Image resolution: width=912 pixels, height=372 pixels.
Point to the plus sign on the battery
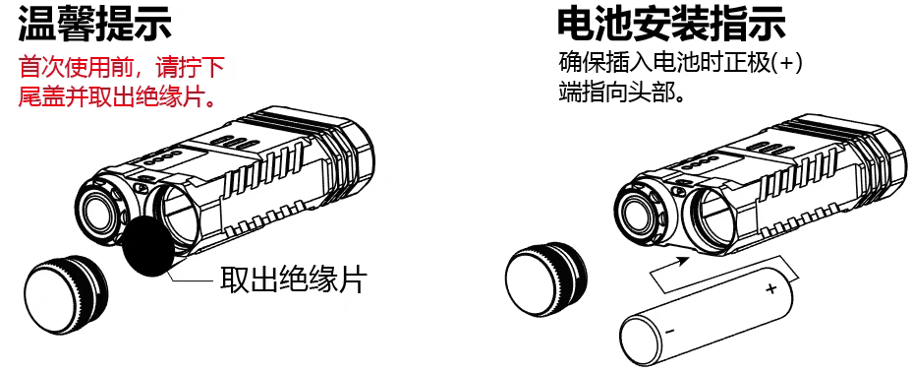(x=771, y=288)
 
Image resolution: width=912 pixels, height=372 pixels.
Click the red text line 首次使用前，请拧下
(x=122, y=70)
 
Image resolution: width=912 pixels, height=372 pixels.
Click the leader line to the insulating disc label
(x=197, y=281)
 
